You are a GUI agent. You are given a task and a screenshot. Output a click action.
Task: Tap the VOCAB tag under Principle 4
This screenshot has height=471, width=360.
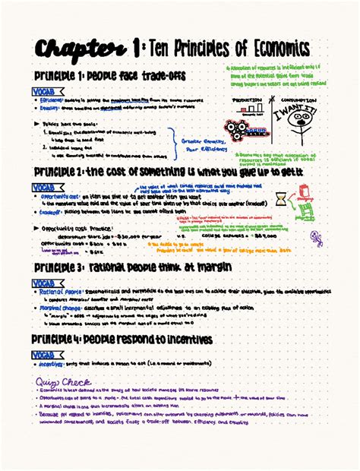tap(48, 354)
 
